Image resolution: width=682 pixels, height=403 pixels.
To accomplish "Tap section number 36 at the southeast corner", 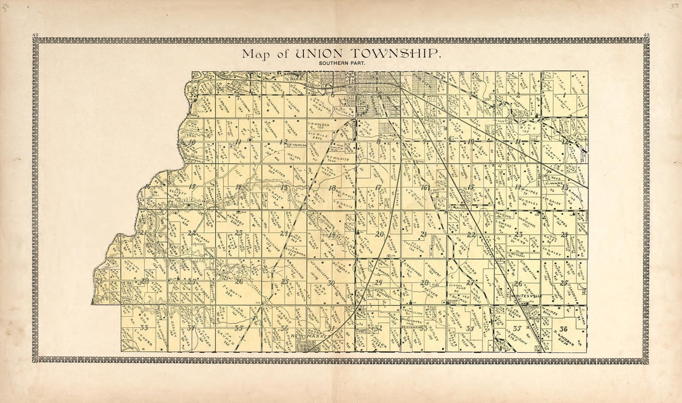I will tap(563, 329).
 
